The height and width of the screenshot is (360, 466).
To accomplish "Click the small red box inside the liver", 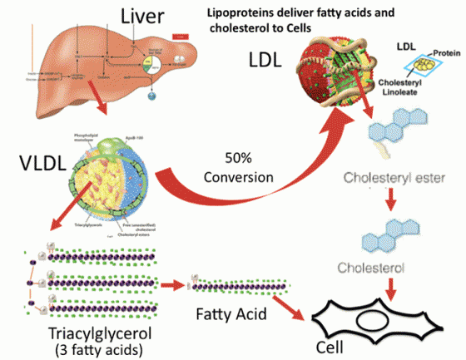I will pos(180,37).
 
